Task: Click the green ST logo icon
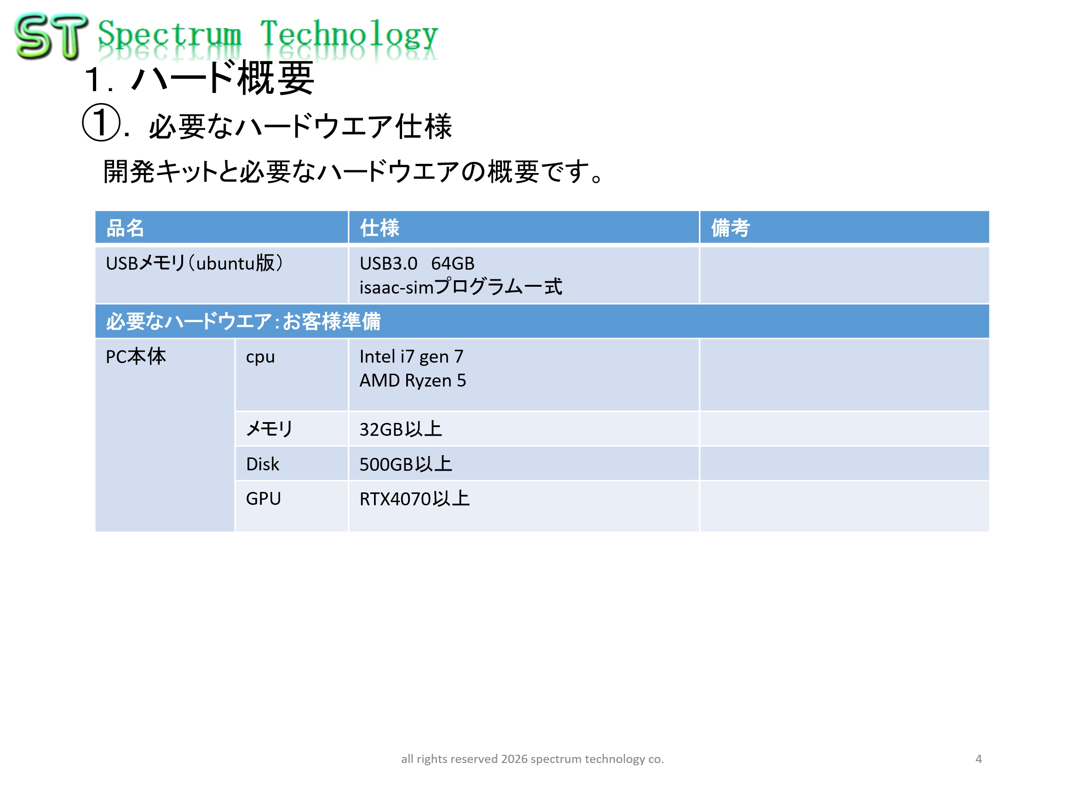(51, 36)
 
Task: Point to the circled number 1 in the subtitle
(101, 122)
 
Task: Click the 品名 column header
(125, 228)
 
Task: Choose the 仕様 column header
(380, 228)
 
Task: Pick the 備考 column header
(730, 228)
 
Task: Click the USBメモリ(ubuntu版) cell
(194, 263)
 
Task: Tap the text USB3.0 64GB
(417, 263)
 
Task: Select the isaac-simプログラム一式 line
(461, 287)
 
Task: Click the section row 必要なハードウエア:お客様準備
(243, 321)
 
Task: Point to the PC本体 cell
(136, 357)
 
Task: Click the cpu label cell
(260, 358)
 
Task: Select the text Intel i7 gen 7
(411, 357)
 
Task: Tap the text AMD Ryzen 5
(413, 381)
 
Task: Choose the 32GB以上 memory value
(401, 429)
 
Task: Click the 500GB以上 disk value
(405, 464)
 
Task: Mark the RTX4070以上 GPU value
(414, 498)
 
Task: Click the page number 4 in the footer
(978, 758)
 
